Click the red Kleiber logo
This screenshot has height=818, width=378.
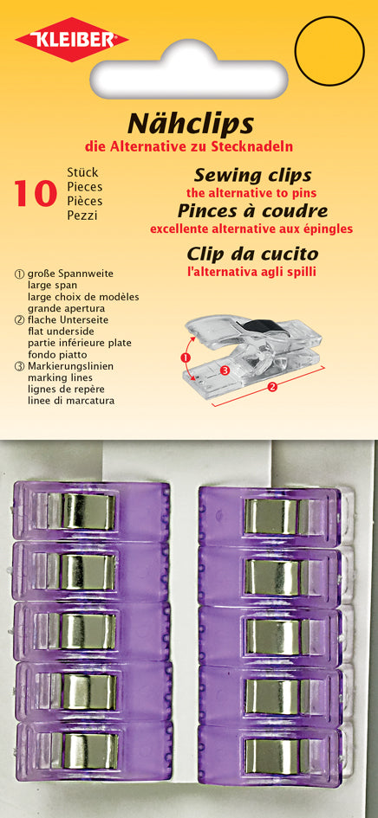[x=72, y=39]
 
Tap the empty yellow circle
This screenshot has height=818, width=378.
[x=329, y=50]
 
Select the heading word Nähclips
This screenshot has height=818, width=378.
[x=191, y=124]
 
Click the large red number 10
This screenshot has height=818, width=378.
[x=35, y=194]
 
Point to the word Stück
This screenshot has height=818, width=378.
[x=82, y=172]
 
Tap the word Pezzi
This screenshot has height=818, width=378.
[x=82, y=215]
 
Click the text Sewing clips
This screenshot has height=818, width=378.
[x=252, y=175]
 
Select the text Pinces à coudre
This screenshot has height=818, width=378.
[x=252, y=210]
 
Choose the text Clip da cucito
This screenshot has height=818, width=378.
[x=252, y=254]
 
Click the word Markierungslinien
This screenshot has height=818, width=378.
[x=70, y=366]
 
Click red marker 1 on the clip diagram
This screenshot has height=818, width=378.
[x=184, y=357]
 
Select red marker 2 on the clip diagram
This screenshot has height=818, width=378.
[x=272, y=387]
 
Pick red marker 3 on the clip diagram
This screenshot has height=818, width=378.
[x=225, y=370]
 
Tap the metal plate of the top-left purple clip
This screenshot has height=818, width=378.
[x=88, y=512]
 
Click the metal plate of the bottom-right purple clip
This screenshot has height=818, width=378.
[x=272, y=757]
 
